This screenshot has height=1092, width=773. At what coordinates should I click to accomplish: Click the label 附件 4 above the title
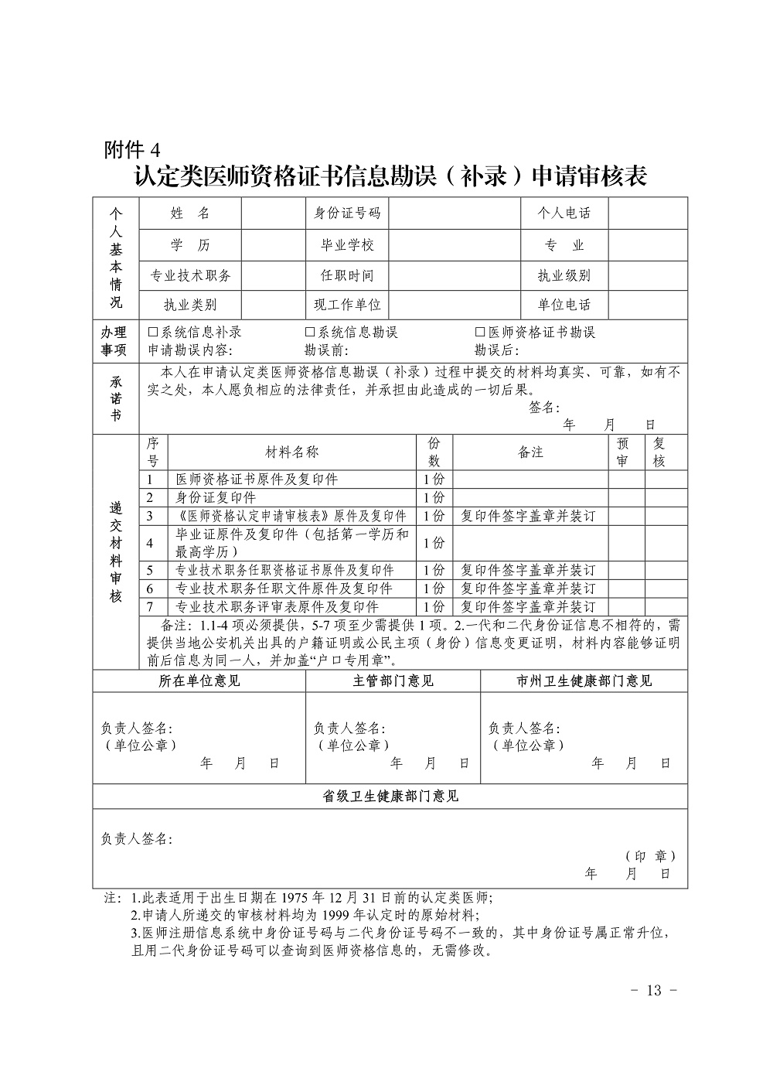pyautogui.click(x=131, y=149)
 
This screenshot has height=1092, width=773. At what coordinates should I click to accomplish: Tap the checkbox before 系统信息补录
pyautogui.click(x=153, y=333)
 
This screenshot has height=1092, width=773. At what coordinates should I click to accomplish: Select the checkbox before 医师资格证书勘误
pyautogui.click(x=480, y=333)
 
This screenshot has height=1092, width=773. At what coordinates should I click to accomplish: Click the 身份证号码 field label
pyautogui.click(x=347, y=213)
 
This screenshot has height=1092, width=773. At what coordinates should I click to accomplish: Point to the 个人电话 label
pyautogui.click(x=564, y=213)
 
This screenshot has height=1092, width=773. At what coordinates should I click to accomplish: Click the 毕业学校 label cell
pyautogui.click(x=347, y=245)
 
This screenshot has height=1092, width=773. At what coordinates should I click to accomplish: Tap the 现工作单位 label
pyautogui.click(x=347, y=305)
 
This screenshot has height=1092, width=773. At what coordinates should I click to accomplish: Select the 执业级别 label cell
pyautogui.click(x=564, y=275)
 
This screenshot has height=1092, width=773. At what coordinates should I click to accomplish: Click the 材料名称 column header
pyautogui.click(x=292, y=452)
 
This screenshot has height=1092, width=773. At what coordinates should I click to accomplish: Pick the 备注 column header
pyautogui.click(x=530, y=452)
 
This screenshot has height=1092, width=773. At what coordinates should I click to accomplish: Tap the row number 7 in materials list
pyautogui.click(x=151, y=607)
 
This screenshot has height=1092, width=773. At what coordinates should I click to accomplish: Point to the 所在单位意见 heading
pyautogui.click(x=199, y=681)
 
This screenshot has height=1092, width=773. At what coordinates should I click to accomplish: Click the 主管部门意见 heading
pyautogui.click(x=393, y=681)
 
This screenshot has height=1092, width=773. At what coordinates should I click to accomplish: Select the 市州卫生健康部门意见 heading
pyautogui.click(x=584, y=681)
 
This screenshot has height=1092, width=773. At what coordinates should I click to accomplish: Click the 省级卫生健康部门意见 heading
pyautogui.click(x=390, y=797)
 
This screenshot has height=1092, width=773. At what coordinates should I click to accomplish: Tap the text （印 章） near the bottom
pyautogui.click(x=650, y=857)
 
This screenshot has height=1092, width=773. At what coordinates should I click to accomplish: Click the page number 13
pyautogui.click(x=654, y=991)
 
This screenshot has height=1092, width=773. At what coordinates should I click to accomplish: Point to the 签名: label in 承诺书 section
pyautogui.click(x=543, y=408)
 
